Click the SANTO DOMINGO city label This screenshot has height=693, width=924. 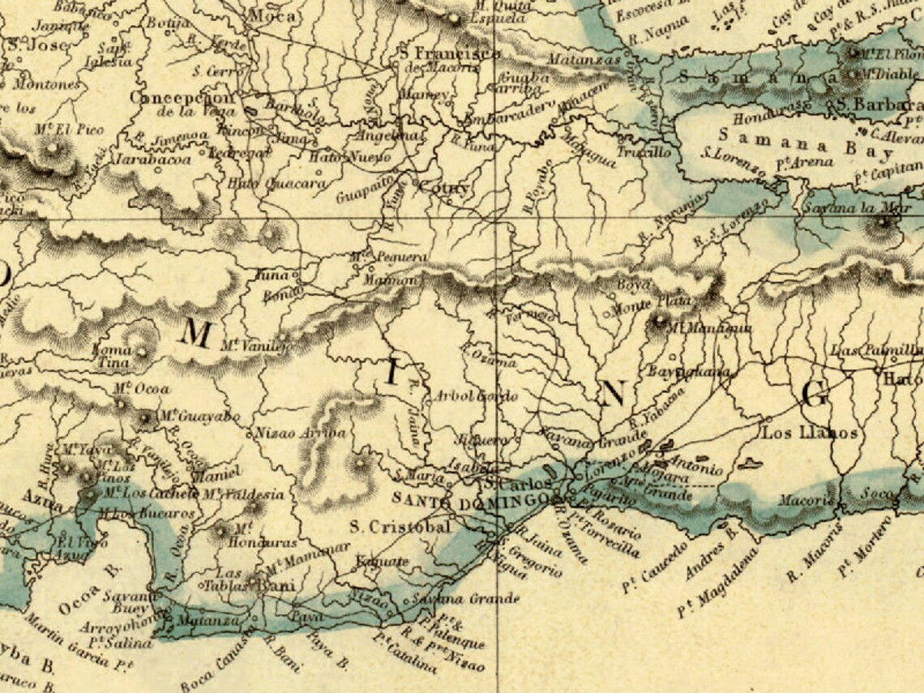tap(479, 501)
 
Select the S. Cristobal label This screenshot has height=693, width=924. tap(400, 527)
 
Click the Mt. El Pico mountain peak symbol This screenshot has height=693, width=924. tap(54, 148)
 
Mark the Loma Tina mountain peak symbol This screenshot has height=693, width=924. tap(143, 351)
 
